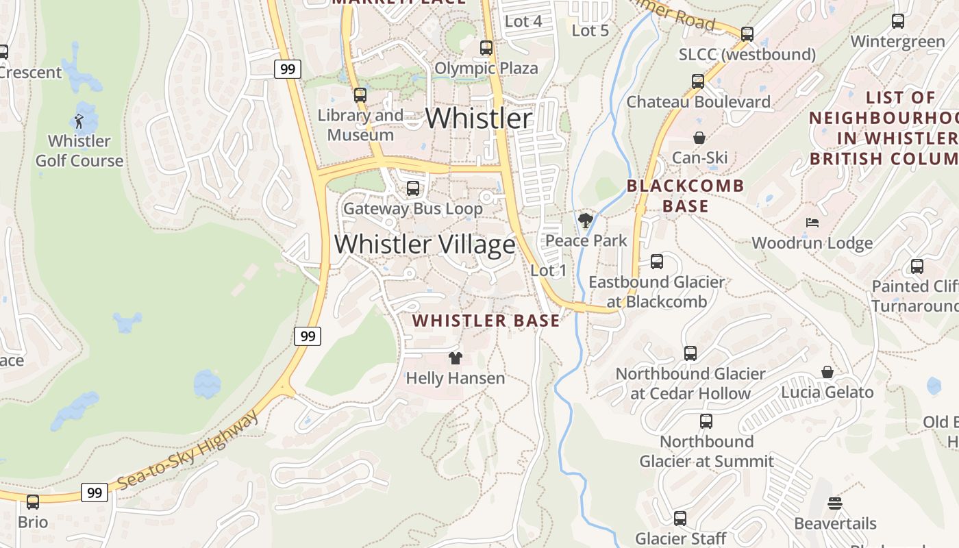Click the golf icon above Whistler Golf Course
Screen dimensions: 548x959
click(79, 122)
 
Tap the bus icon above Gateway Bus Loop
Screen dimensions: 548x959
click(412, 188)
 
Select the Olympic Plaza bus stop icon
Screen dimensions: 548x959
click(486, 48)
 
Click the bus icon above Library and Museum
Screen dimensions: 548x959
click(360, 95)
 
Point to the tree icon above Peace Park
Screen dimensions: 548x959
click(585, 221)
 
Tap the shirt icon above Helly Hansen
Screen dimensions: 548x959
click(455, 358)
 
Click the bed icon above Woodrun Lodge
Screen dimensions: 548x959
click(812, 223)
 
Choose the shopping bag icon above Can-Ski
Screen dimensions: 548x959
click(699, 138)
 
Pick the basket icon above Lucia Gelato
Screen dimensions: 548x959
click(827, 372)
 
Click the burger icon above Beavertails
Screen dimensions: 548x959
click(834, 503)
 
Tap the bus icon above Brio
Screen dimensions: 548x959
click(32, 501)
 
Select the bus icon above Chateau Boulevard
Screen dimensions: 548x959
click(698, 82)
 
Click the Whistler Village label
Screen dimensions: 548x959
click(425, 245)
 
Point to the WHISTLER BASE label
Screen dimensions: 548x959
click(486, 321)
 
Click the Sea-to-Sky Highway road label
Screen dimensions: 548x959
click(188, 450)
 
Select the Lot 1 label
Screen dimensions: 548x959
click(548, 271)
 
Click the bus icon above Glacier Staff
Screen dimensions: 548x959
click(680, 519)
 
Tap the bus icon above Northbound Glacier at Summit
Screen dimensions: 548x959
click(706, 421)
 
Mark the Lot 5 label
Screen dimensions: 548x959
click(590, 30)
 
